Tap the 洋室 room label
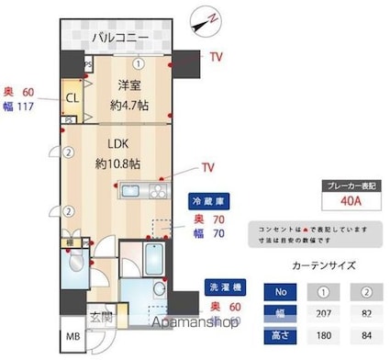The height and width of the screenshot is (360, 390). point(128,85)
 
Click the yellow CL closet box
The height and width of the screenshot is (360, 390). point(70,95)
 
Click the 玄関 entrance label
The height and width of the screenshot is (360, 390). point(102,318)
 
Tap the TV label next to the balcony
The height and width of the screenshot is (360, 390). point(217,57)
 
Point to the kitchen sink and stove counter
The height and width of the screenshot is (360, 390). point(141,192)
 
